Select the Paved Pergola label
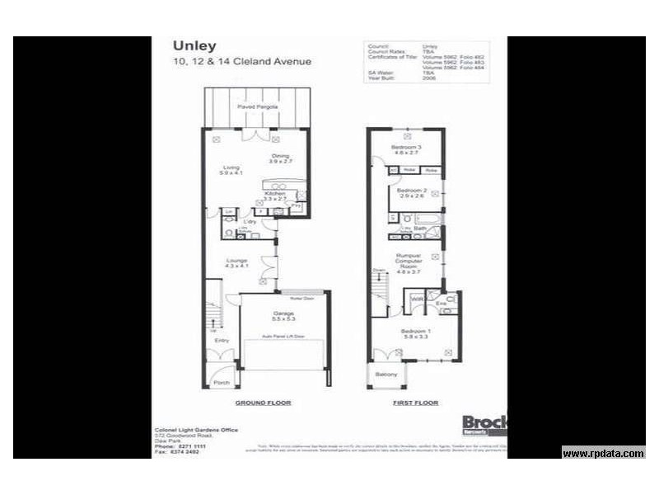pos(257,107)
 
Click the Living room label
pos(230,169)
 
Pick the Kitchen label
pos(274,196)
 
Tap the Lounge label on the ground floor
pos(237,263)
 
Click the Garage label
pos(283,316)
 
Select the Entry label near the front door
pos(222,340)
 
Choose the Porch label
pos(222,383)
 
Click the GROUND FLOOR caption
pos(264,403)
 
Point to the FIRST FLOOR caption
pos(417,403)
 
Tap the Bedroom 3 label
pos(406,148)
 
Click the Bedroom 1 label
pos(417,332)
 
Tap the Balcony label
pos(386,375)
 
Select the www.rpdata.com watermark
pos(603,453)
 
